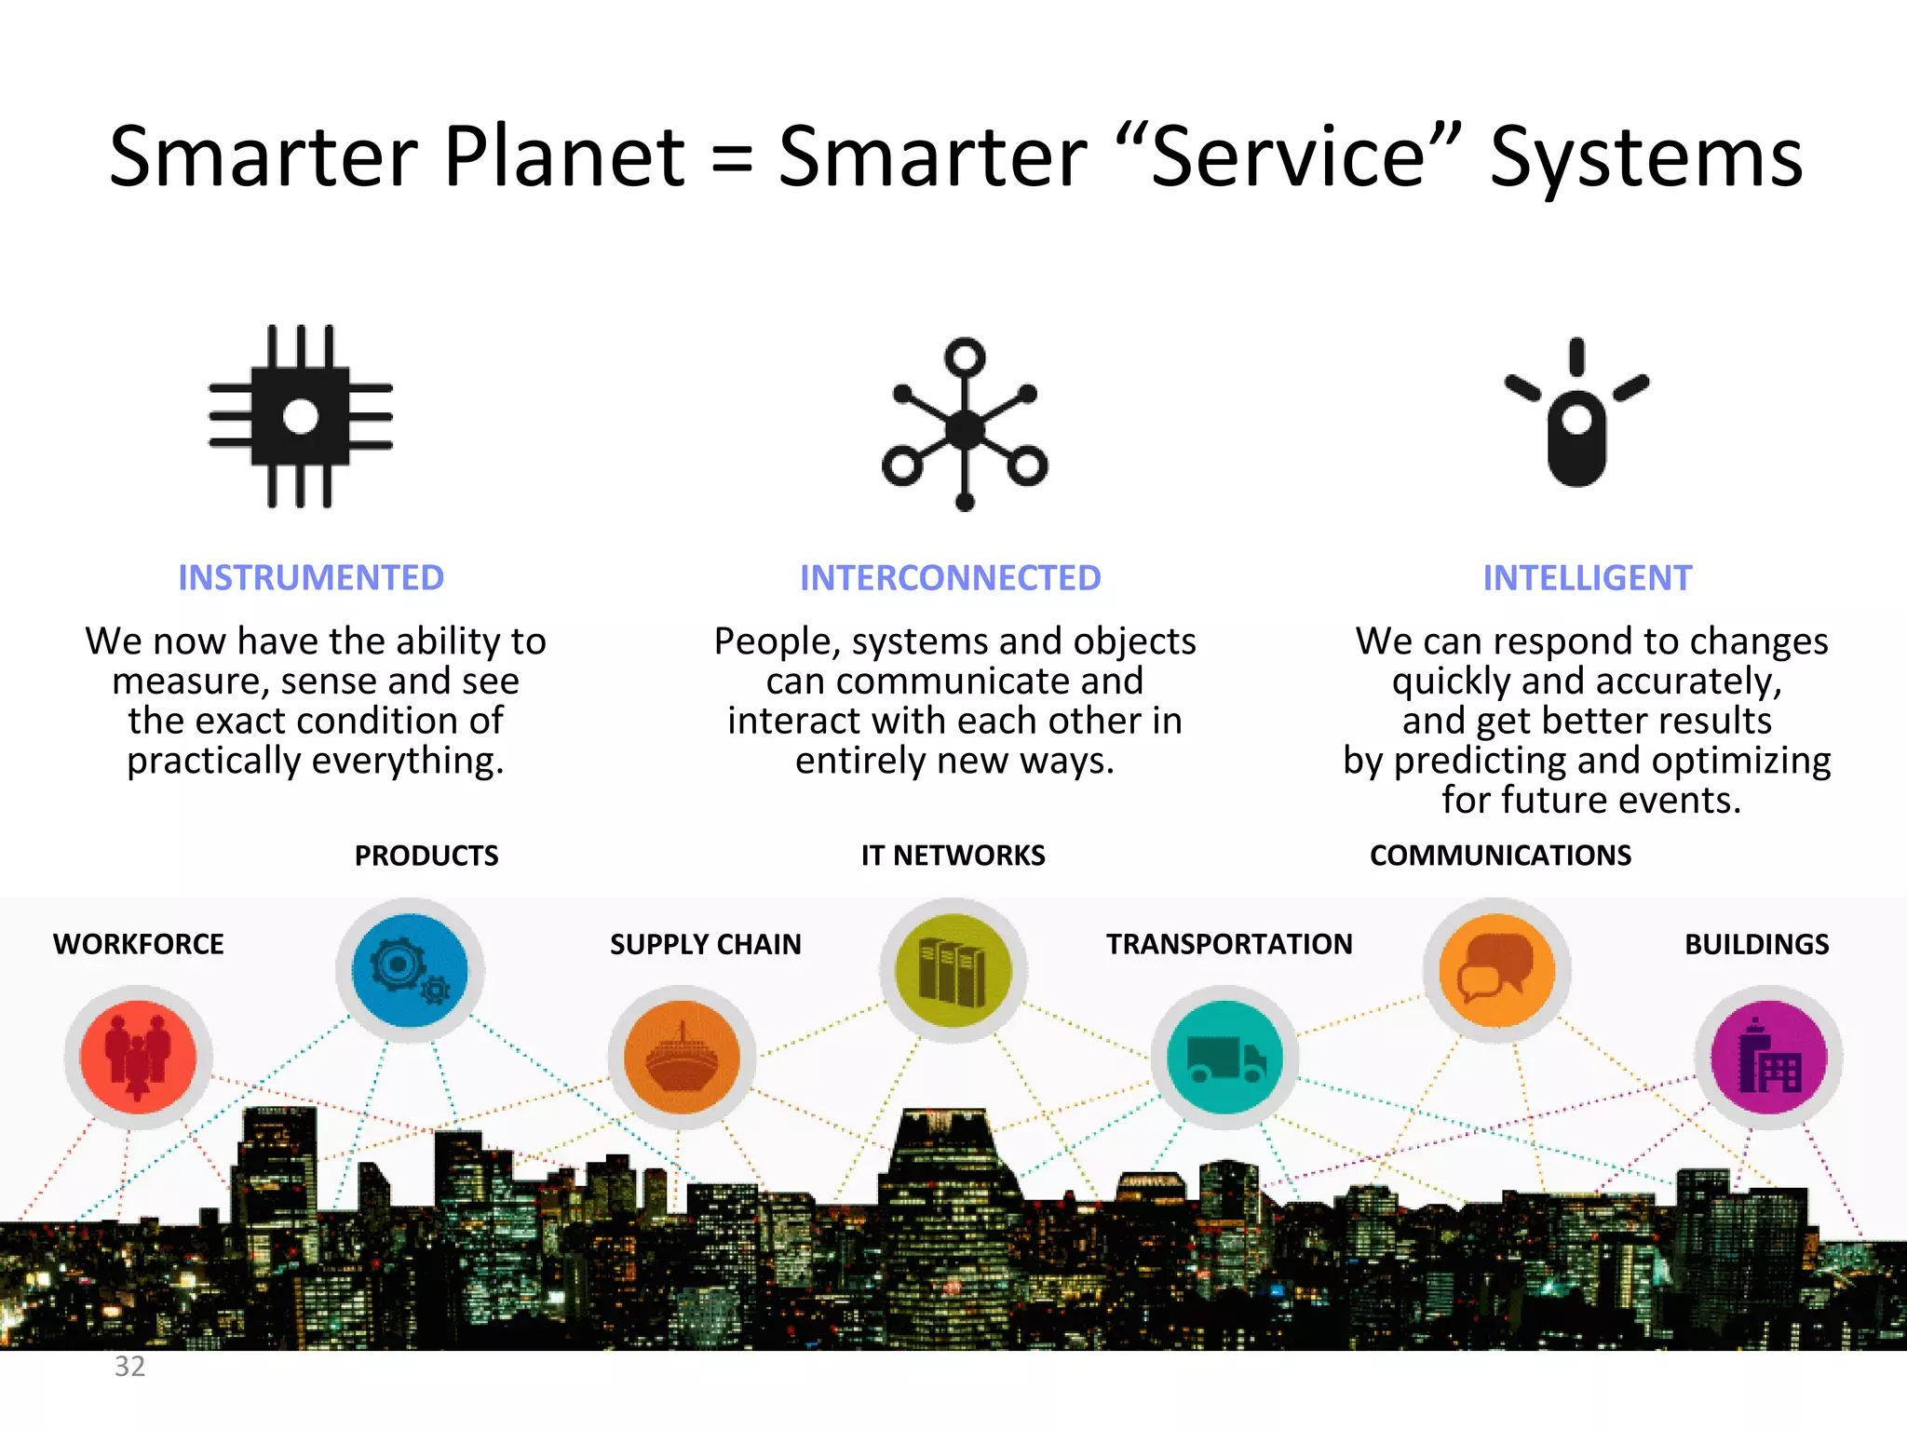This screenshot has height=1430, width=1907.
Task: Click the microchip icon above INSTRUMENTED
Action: pyautogui.click(x=300, y=416)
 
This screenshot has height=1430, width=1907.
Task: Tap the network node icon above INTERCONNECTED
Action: pyautogui.click(x=965, y=426)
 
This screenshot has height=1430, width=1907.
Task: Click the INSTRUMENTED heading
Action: pyautogui.click(x=311, y=578)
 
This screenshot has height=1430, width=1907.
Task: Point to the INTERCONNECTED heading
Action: pyautogui.click(x=950, y=578)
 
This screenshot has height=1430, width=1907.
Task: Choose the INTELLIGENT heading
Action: pyautogui.click(x=1587, y=578)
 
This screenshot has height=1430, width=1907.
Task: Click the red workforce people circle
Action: pyautogui.click(x=138, y=1058)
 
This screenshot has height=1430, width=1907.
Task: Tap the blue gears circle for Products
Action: pyautogui.click(x=410, y=970)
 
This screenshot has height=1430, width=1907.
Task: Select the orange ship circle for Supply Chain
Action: pyautogui.click(x=682, y=1058)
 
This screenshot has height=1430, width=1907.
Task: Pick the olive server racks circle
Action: pyautogui.click(x=953, y=970)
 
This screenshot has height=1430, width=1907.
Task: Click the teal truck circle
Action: pyautogui.click(x=1224, y=1058)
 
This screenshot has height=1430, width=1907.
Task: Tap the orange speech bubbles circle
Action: pyautogui.click(x=1496, y=970)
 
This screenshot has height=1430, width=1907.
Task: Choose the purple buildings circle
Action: pyautogui.click(x=1768, y=1058)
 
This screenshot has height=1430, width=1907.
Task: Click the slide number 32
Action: pyautogui.click(x=129, y=1367)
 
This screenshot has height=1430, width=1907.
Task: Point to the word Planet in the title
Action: pyautogui.click(x=564, y=156)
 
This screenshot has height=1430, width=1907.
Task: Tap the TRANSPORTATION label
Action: pyautogui.click(x=1229, y=944)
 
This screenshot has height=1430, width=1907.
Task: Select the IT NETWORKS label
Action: pyautogui.click(x=953, y=856)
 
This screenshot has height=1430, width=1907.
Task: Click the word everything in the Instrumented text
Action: pyautogui.click(x=407, y=762)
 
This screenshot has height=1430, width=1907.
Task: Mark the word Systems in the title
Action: pyautogui.click(x=1645, y=158)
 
